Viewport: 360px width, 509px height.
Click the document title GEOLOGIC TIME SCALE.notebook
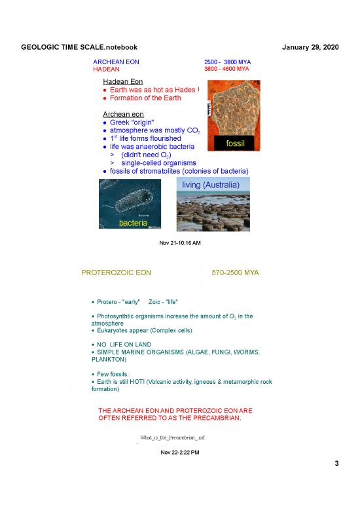(x=79, y=48)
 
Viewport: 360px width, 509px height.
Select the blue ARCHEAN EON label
(x=117, y=62)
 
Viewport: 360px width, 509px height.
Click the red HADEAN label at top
(x=106, y=69)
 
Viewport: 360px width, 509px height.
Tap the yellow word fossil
(x=234, y=143)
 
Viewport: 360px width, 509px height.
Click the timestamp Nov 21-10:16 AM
(x=180, y=243)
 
